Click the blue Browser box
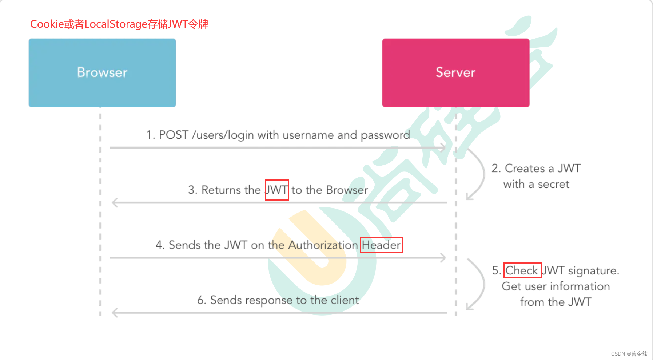102,73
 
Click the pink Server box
455,73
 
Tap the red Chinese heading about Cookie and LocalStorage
119,24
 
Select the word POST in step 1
173,135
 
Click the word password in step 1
385,135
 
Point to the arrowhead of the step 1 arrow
443,147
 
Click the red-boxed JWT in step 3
276,190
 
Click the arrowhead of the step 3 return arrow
115,202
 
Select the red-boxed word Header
381,245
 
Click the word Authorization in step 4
323,245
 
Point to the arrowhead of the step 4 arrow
443,258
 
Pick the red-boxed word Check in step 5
522,270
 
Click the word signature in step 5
593,271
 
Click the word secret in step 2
553,184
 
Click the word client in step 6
345,300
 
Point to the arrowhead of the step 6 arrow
115,312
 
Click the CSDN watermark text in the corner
629,354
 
